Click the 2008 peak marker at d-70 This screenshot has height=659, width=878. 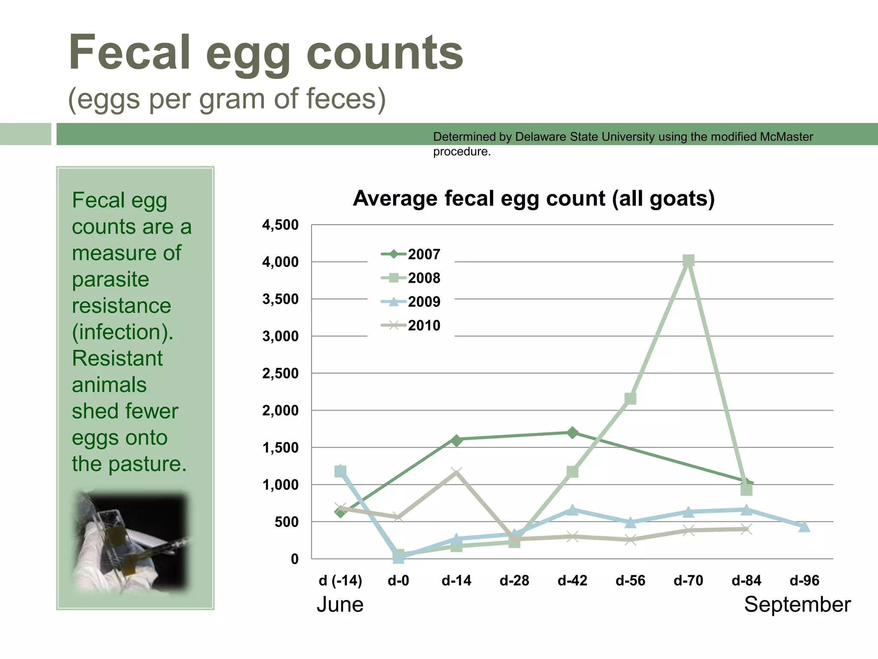coord(688,260)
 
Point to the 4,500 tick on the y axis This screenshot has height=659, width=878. coord(280,225)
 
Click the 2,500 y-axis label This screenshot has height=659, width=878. coord(280,373)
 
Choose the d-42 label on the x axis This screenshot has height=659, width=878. coord(572,580)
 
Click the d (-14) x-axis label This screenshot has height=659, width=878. coord(340,580)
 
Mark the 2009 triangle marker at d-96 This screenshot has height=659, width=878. coord(804,526)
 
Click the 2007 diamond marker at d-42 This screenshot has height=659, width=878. coord(572,432)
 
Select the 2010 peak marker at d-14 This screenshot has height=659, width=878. coord(456,472)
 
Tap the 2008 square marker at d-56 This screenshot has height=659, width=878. coord(630,399)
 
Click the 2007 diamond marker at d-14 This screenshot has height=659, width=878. coord(456,440)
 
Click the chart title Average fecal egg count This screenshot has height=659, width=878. coord(534,199)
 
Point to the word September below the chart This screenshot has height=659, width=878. coord(797,605)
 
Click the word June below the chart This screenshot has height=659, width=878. coord(340,605)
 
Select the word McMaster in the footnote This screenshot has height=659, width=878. coord(786,137)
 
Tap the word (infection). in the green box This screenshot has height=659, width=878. coord(123,332)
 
